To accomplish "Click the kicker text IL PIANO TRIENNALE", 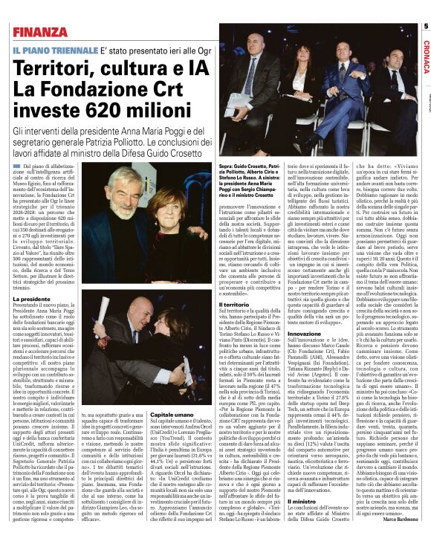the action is click(x=53, y=49).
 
